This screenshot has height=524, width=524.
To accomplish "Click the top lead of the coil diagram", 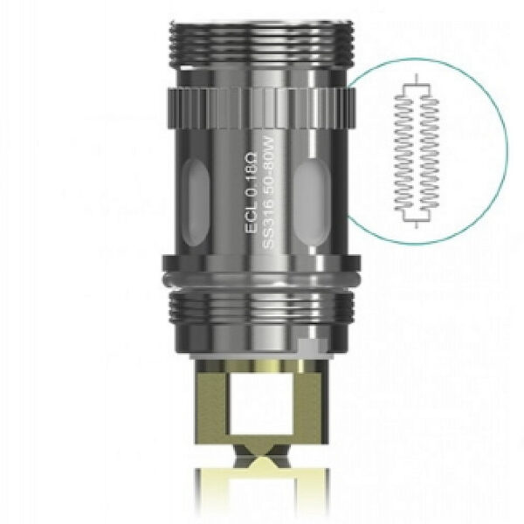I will click(419, 81).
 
